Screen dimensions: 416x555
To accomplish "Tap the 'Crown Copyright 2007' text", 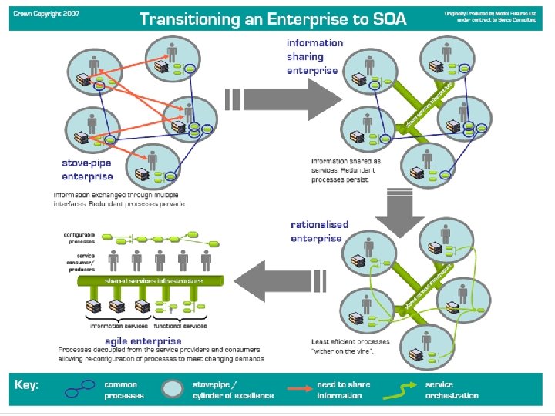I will pyautogui.click(x=47, y=15).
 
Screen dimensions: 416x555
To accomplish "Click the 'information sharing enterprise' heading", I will pyautogui.click(x=315, y=56).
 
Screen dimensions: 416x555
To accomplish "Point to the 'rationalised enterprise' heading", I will pyautogui.click(x=320, y=231).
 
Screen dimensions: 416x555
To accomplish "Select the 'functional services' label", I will pyautogui.click(x=180, y=326).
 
